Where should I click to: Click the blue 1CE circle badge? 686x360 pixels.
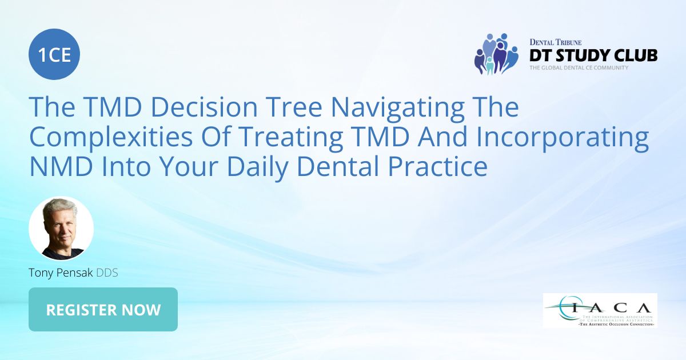54,55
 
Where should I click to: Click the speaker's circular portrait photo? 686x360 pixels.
61,229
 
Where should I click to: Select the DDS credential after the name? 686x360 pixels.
107,273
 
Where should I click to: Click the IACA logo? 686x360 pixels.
600,310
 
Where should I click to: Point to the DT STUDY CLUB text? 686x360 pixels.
593,55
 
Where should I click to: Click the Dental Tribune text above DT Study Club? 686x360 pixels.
556,42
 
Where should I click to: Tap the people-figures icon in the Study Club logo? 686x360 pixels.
495,54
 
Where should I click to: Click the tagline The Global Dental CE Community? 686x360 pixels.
579,67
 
